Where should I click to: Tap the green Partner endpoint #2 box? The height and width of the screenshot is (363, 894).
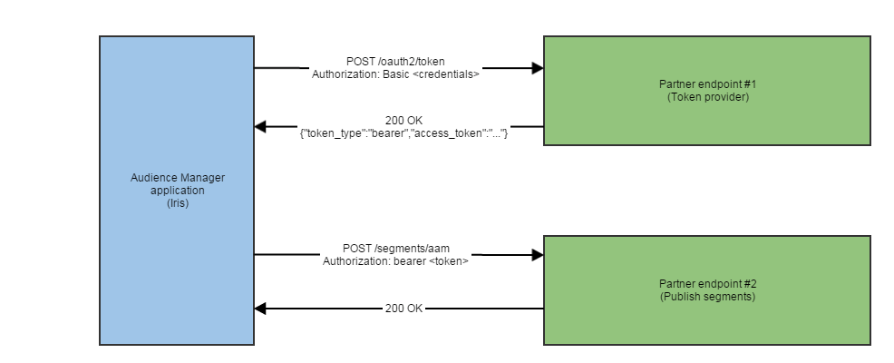point(706,318)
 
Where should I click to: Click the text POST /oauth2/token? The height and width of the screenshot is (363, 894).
point(395,62)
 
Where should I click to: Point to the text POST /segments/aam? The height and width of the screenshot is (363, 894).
point(395,249)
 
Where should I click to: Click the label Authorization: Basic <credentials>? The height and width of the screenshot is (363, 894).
point(395,74)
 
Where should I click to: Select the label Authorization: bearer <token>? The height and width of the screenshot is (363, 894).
point(395,261)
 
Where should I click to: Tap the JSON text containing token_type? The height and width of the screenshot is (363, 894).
point(403,133)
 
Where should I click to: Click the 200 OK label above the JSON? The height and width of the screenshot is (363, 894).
point(403,121)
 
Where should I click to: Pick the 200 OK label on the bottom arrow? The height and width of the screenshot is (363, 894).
point(403,309)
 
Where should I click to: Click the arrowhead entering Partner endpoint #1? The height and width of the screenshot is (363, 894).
point(537,68)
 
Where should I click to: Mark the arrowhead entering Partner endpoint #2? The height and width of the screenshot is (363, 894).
point(537,256)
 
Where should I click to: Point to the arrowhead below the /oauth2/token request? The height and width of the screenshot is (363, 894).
point(261,127)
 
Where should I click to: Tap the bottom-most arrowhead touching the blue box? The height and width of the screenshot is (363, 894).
point(261,309)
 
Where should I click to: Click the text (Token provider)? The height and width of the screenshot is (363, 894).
point(706,96)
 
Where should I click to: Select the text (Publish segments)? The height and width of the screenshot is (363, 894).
point(706,296)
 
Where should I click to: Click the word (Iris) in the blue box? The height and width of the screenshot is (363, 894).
point(176,204)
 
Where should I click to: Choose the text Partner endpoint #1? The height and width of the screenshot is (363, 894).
point(706,84)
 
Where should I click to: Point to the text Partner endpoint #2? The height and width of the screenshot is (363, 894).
point(706,284)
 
